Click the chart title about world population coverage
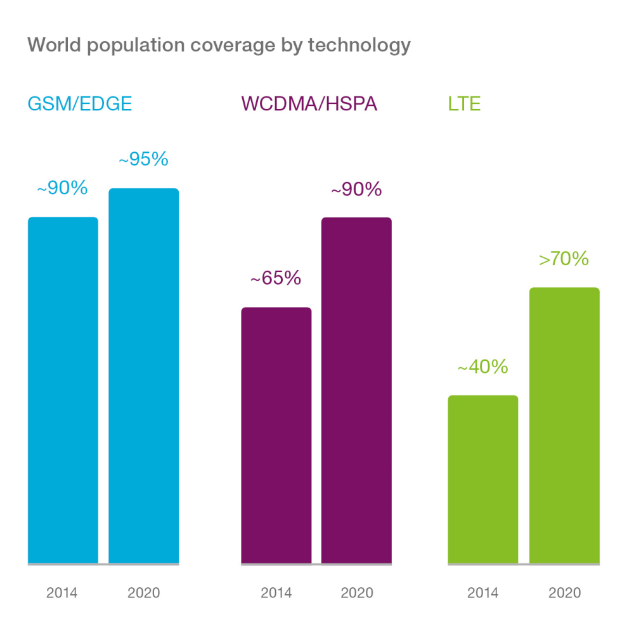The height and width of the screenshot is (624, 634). click(x=219, y=46)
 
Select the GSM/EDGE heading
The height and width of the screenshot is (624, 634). click(x=80, y=104)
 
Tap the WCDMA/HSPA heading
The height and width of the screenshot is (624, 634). click(x=309, y=104)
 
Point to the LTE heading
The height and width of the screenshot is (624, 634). click(x=464, y=104)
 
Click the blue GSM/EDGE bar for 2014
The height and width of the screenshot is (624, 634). click(x=63, y=390)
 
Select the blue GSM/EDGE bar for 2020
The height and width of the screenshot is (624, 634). click(x=144, y=375)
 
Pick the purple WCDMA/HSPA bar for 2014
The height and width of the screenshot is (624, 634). click(x=276, y=435)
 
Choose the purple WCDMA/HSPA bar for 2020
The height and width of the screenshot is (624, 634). click(x=356, y=390)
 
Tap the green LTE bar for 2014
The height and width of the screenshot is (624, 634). click(x=483, y=479)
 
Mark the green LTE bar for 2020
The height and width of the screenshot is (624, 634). click(x=564, y=425)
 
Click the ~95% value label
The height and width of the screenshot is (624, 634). click(x=143, y=159)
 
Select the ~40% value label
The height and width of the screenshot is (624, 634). click(x=483, y=367)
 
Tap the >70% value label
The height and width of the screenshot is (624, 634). click(x=564, y=259)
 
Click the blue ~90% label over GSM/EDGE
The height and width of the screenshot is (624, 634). click(x=62, y=188)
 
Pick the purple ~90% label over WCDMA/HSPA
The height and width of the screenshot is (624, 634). click(x=356, y=189)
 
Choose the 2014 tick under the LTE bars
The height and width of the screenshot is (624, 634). click(x=483, y=594)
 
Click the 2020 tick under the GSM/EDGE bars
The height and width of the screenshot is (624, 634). click(x=144, y=594)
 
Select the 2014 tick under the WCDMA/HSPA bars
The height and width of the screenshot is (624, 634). click(x=276, y=594)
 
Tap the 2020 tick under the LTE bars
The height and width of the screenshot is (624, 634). click(x=564, y=594)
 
